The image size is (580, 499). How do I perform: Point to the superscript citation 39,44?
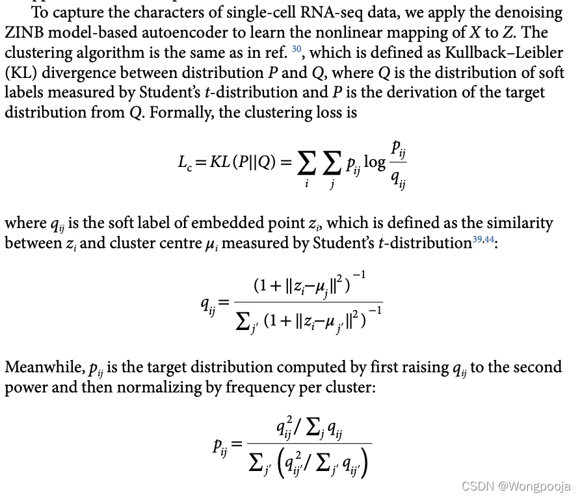[x=481, y=240]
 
